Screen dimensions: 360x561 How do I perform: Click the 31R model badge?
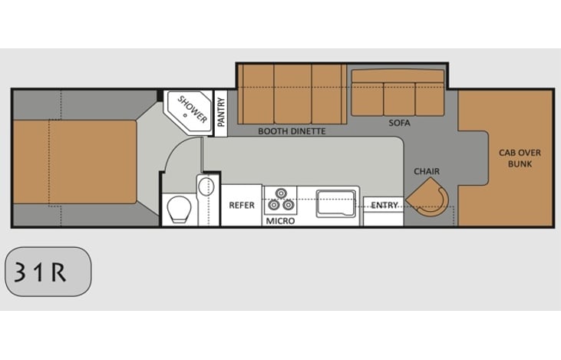[48, 272]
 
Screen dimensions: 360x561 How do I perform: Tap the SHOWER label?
[193, 110]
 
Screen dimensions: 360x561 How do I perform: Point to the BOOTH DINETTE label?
[292, 131]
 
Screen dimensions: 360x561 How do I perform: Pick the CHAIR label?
[427, 171]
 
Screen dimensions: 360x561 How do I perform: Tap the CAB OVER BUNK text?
[515, 158]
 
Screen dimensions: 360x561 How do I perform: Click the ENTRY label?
[384, 205]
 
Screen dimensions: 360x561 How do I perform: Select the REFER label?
[242, 205]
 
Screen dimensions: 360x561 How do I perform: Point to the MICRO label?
[281, 221]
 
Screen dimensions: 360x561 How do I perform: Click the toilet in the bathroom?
[179, 209]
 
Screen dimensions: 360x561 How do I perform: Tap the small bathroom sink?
[206, 187]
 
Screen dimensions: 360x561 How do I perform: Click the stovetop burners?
[280, 199]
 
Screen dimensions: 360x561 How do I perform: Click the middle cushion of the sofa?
[398, 98]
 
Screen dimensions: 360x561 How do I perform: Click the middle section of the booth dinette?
[292, 94]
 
